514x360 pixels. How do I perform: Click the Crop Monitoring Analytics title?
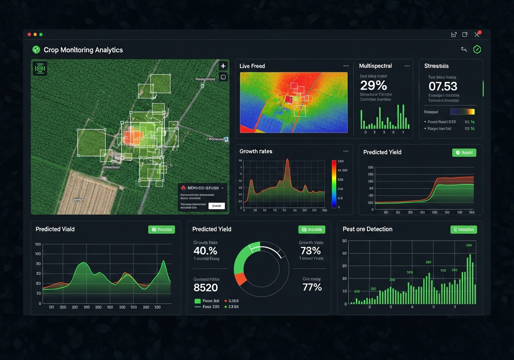click(83, 50)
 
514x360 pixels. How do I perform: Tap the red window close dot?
click(29, 35)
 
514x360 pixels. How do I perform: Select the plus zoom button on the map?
click(223, 66)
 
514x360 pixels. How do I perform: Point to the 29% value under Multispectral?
click(373, 86)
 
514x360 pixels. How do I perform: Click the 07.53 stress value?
click(443, 86)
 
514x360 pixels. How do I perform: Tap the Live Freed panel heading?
click(252, 66)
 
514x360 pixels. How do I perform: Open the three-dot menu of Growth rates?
click(346, 151)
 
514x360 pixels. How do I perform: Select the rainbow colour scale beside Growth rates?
click(334, 184)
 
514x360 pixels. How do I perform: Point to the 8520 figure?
click(206, 288)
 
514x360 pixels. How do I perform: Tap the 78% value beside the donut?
click(310, 251)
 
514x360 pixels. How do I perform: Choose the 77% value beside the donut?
click(312, 287)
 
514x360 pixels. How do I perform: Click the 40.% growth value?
click(205, 251)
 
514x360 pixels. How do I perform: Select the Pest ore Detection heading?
click(367, 229)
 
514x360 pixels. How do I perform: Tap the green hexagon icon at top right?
click(477, 49)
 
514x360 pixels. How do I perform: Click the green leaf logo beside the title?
click(36, 50)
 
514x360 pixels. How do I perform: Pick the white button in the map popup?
click(216, 206)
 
